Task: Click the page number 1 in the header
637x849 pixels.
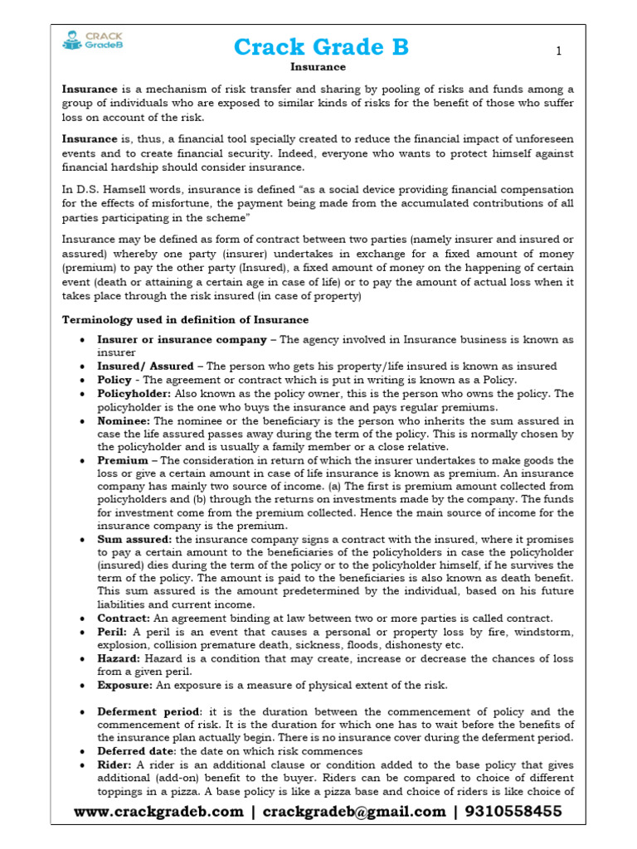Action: point(559,51)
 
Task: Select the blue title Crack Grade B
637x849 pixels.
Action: point(321,47)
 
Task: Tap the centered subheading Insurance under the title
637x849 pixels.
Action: point(318,67)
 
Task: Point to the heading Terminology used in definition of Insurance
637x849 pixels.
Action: point(186,319)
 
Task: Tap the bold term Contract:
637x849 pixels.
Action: point(124,619)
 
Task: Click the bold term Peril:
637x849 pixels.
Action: point(113,632)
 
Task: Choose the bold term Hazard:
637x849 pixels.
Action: point(118,658)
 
